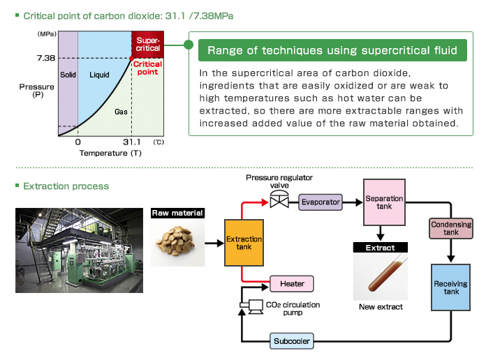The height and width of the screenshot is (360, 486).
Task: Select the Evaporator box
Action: pos(321,202)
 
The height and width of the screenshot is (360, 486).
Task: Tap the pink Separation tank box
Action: pos(384,202)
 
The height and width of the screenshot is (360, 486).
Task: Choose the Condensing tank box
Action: pos(450,227)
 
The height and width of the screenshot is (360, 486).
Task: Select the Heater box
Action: pos(292,284)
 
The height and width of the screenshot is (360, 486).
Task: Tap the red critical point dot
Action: pos(133,59)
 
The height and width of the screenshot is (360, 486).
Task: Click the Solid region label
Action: pos(68,74)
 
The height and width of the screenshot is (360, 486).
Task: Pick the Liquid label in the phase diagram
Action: pos(100,74)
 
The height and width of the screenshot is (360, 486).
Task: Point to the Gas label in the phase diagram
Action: pos(120,111)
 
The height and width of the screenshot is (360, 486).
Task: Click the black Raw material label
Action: pos(178,213)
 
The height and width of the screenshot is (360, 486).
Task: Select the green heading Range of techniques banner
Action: pos(332,50)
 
